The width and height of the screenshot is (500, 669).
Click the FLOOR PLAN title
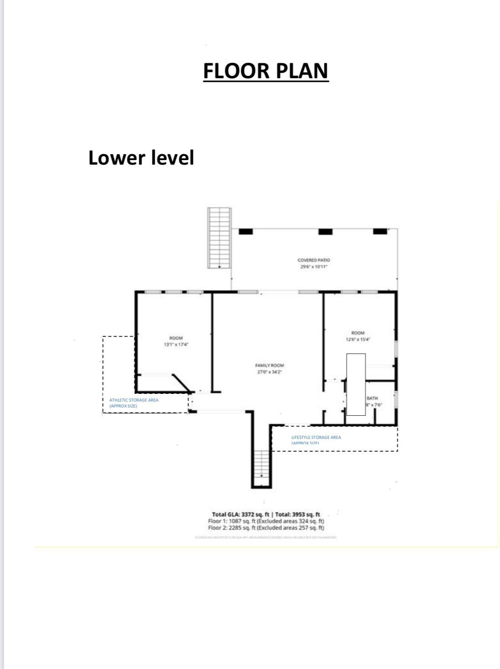(266, 71)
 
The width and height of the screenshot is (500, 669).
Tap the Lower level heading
(141, 158)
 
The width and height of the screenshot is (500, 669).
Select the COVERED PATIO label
(313, 260)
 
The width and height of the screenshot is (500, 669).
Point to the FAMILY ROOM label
(269, 365)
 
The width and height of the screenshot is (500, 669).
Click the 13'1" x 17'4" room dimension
(176, 345)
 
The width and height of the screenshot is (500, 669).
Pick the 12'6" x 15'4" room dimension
(358, 339)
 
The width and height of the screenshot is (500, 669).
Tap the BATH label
(372, 398)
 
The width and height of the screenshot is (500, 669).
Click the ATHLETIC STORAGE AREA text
(134, 400)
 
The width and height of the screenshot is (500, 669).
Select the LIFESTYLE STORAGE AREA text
(316, 438)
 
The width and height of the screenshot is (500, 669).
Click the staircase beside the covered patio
(219, 238)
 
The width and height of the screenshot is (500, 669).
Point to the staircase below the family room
(262, 463)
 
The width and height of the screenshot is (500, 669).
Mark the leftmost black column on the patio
(246, 231)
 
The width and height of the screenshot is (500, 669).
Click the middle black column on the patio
(325, 231)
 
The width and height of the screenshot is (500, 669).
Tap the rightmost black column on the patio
(380, 231)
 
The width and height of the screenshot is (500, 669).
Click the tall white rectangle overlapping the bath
(356, 384)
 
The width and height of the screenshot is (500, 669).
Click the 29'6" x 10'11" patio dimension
(313, 267)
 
